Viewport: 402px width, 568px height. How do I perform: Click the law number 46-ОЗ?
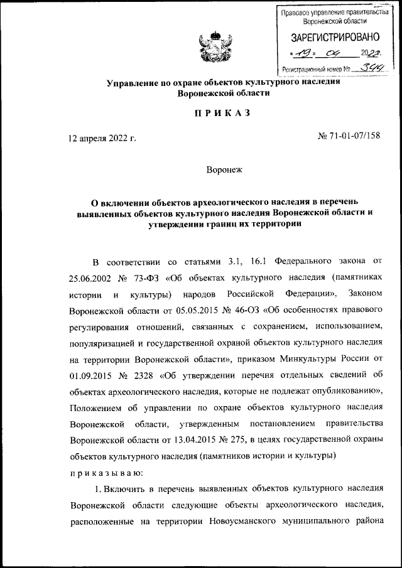[248, 310]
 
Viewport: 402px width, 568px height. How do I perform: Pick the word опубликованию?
[342, 393]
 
